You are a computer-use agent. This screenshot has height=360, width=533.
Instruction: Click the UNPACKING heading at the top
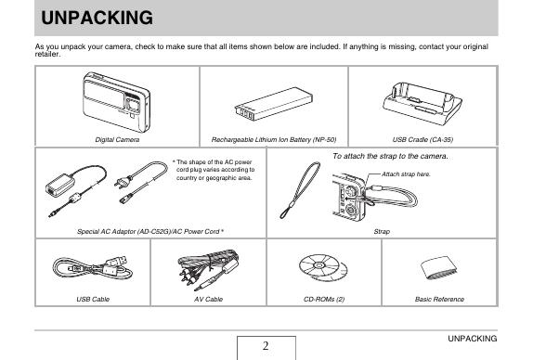(97, 18)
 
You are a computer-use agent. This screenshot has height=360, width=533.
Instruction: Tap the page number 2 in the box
(266, 346)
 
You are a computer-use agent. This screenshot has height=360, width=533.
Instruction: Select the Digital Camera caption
(117, 139)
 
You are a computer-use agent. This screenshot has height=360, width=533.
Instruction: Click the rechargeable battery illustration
(274, 104)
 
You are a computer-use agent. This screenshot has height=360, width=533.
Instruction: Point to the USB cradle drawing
(422, 103)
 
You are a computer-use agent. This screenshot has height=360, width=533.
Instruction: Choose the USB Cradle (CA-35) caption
(422, 139)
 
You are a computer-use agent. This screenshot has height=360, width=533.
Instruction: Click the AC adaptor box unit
(59, 185)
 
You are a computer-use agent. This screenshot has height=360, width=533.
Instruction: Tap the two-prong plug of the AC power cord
(123, 181)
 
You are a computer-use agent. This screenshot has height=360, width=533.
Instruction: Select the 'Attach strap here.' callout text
(406, 174)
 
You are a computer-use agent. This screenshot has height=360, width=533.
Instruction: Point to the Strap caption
(382, 232)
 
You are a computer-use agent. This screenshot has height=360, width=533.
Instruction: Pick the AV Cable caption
(208, 299)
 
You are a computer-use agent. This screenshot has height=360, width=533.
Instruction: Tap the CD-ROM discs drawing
(323, 268)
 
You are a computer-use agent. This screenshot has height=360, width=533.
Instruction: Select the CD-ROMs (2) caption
(324, 299)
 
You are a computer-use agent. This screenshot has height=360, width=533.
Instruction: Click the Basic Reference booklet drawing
(438, 268)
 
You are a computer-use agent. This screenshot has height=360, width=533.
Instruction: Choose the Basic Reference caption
(439, 299)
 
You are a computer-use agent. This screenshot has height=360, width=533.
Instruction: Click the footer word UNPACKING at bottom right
(472, 339)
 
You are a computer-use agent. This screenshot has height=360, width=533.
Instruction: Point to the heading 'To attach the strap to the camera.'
(390, 156)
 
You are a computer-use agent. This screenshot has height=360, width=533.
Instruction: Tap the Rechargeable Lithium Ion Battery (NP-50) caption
(274, 139)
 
